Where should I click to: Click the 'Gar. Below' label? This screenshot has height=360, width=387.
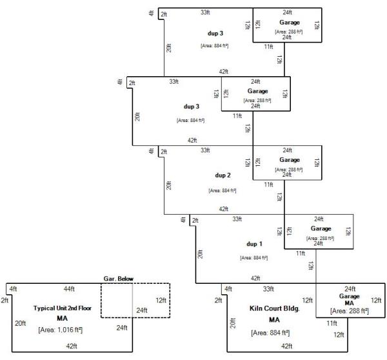point(119,279)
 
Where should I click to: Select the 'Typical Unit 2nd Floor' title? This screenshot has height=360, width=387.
point(63,308)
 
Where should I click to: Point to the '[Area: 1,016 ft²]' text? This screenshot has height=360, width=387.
point(63,330)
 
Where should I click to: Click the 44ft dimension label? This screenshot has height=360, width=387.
point(70,288)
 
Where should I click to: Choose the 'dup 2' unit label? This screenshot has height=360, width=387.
point(222,175)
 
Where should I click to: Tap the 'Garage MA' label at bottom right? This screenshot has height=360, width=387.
point(350,299)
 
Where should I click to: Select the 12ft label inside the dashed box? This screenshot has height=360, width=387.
point(161,300)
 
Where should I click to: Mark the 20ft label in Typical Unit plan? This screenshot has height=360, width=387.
point(21,323)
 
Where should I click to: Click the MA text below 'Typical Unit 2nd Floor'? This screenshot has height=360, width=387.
point(63,319)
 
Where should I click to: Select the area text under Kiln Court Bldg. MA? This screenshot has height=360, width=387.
point(270,333)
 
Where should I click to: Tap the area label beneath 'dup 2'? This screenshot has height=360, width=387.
point(222,191)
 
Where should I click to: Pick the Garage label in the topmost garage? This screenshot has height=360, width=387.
point(289,22)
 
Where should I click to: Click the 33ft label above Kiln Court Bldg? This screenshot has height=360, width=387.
point(268,288)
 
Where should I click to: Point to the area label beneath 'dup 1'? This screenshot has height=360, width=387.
point(254,258)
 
